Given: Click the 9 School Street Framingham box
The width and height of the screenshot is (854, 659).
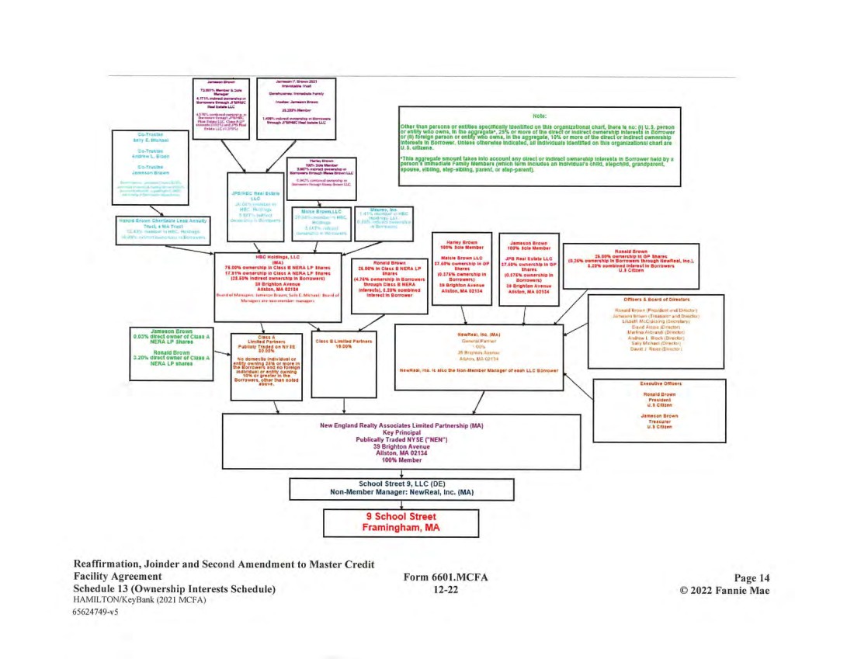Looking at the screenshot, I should click(401, 522).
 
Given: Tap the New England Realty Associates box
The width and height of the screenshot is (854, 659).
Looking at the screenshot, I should click(401, 442).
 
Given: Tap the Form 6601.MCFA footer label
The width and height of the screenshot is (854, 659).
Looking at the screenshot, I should click(439, 577).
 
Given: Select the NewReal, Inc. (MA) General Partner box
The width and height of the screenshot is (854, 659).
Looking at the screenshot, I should click(479, 356).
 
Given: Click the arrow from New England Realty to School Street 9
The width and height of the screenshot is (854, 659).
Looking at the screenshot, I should click(401, 471).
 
